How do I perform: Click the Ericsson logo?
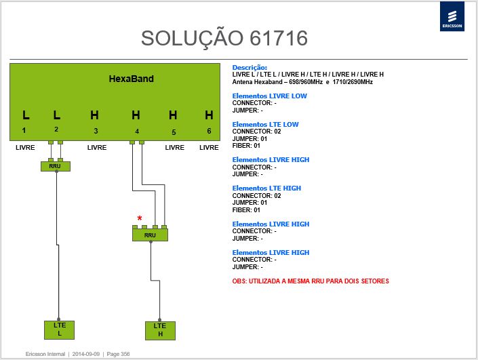tap(452, 16)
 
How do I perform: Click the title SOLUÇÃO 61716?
tap(224, 39)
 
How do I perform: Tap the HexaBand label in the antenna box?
tap(132, 79)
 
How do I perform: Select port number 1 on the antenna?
tap(24, 130)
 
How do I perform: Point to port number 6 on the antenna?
tap(209, 131)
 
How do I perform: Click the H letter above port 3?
tap(94, 115)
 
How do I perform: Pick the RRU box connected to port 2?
tap(56, 166)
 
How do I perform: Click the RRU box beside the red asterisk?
tap(150, 235)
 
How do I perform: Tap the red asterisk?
tap(140, 218)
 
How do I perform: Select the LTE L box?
tap(60, 329)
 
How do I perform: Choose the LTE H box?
tap(160, 330)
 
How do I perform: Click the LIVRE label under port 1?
tap(25, 148)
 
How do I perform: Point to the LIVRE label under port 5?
tap(175, 148)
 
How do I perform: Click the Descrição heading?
tap(250, 68)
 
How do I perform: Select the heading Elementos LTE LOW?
tap(266, 124)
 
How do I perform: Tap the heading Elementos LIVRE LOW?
tap(269, 96)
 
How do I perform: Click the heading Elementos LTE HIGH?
tap(266, 188)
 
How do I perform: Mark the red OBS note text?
tap(311, 281)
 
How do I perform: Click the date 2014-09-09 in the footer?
tap(86, 354)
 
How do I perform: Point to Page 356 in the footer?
tap(118, 354)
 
